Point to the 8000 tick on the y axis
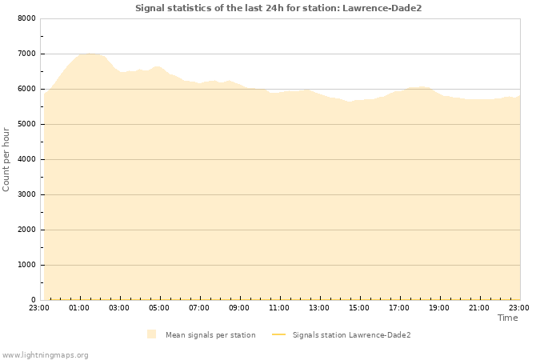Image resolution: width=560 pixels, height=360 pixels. (x=26, y=18)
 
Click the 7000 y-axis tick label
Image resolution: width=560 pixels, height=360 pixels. (x=26, y=54)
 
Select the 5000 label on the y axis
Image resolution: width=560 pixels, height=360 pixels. (x=26, y=124)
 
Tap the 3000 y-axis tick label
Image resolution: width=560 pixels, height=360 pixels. (x=26, y=194)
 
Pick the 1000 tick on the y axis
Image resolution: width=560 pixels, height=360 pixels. (x=26, y=265)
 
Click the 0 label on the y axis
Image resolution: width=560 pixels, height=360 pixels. (x=33, y=300)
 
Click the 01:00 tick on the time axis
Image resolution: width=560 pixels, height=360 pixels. (x=79, y=308)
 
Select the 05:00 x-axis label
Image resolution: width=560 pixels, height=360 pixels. (x=159, y=308)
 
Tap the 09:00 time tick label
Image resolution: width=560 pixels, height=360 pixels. (x=239, y=308)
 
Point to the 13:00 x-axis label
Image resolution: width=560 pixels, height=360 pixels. (x=319, y=308)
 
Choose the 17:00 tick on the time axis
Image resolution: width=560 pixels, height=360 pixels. (x=399, y=308)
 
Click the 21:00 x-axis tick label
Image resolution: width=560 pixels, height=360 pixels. (x=479, y=308)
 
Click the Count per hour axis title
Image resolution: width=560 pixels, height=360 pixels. (x=7, y=159)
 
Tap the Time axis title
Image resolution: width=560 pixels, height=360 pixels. (x=507, y=318)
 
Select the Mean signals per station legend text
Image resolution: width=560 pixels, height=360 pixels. (x=210, y=335)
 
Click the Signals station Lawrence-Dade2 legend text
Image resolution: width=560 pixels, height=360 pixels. (x=351, y=335)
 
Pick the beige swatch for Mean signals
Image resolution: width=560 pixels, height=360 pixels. (x=152, y=334)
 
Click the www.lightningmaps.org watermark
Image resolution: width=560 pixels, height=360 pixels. (x=45, y=354)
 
